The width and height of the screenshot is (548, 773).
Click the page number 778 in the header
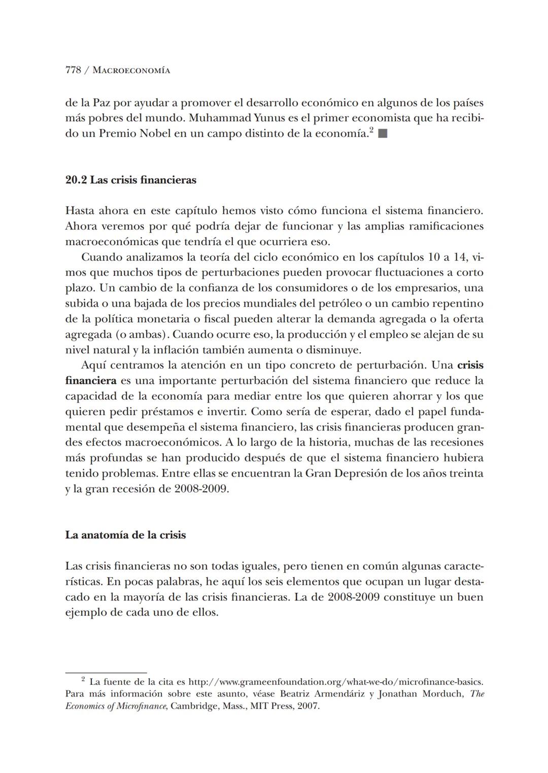point(73,71)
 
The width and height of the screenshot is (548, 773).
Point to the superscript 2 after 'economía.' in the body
point(371,131)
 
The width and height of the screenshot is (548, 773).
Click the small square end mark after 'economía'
point(383,134)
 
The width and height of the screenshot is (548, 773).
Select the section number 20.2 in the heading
point(76,180)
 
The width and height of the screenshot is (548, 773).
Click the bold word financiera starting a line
point(91,381)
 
